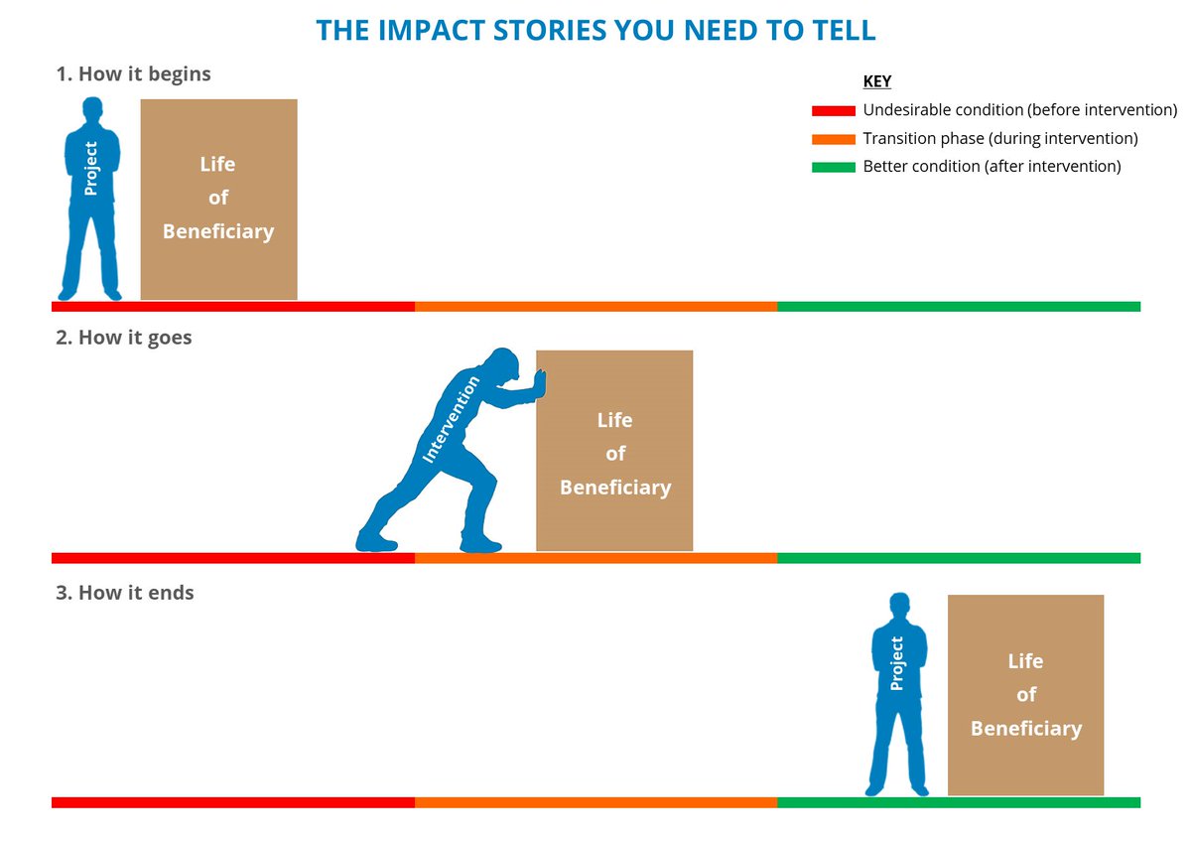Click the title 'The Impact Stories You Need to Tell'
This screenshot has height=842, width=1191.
(x=595, y=30)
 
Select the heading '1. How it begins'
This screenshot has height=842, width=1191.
(x=133, y=73)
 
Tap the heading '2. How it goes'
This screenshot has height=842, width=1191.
(x=124, y=338)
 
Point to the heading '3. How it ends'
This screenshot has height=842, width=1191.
(x=125, y=593)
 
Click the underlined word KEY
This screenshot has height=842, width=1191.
(x=877, y=81)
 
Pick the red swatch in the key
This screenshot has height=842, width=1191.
(x=833, y=110)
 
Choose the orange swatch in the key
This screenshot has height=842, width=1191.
(x=833, y=139)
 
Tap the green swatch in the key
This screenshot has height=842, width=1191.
(x=833, y=167)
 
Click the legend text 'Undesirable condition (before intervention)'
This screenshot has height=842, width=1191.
(x=1020, y=110)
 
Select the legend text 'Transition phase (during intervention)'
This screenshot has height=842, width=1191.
(x=1000, y=139)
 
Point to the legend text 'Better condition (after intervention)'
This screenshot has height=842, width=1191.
(x=992, y=167)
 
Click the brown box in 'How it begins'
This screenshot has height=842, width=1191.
(x=218, y=199)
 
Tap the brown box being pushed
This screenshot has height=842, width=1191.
(x=614, y=451)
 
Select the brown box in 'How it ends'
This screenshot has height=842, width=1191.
(x=1025, y=695)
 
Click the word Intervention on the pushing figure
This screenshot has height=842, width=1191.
(x=452, y=420)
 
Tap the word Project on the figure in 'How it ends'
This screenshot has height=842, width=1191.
(x=897, y=663)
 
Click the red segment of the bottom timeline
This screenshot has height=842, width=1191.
(x=232, y=802)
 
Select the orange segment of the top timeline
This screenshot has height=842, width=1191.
(x=595, y=307)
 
